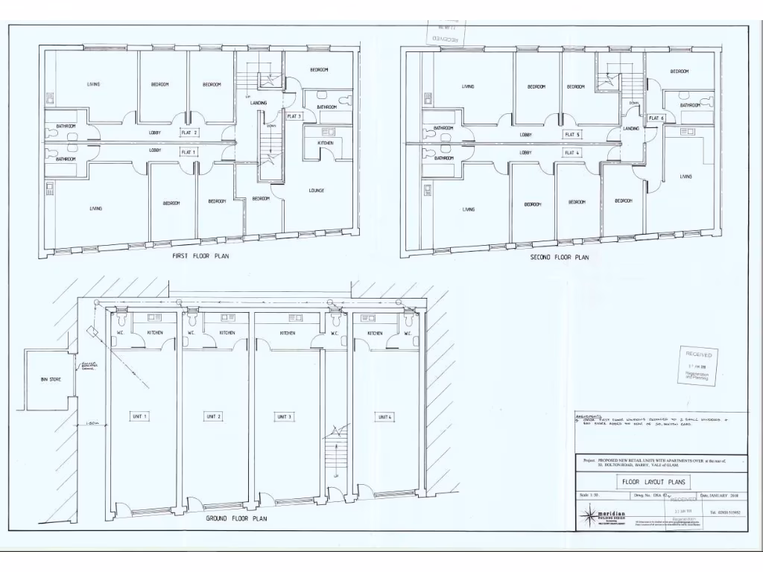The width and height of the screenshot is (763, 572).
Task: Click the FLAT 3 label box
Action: coord(294,116)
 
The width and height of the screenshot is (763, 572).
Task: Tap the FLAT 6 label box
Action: coord(656,118)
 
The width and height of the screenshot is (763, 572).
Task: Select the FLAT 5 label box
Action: coord(572,134)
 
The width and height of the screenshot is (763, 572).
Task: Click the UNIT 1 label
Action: coord(139,416)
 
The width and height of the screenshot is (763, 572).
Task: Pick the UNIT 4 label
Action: coord(384,416)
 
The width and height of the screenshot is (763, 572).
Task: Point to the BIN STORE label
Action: coord(51,380)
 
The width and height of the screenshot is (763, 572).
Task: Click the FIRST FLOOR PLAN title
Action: coord(200,255)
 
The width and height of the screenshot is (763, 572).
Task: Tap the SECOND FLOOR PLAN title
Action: coord(559,257)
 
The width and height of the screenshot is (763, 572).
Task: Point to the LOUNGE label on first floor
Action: coord(316,191)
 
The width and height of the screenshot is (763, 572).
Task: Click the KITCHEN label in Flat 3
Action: coord(326,142)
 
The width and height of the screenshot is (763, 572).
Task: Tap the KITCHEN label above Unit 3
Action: coord(287,333)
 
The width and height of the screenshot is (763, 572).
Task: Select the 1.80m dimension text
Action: coord(92,424)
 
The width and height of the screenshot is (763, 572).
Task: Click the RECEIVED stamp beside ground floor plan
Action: coord(700,366)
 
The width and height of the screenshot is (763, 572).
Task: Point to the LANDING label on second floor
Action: coord(630,128)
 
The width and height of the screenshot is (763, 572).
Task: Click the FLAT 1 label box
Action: coord(189,152)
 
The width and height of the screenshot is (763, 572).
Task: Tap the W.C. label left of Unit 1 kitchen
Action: coord(119,333)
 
